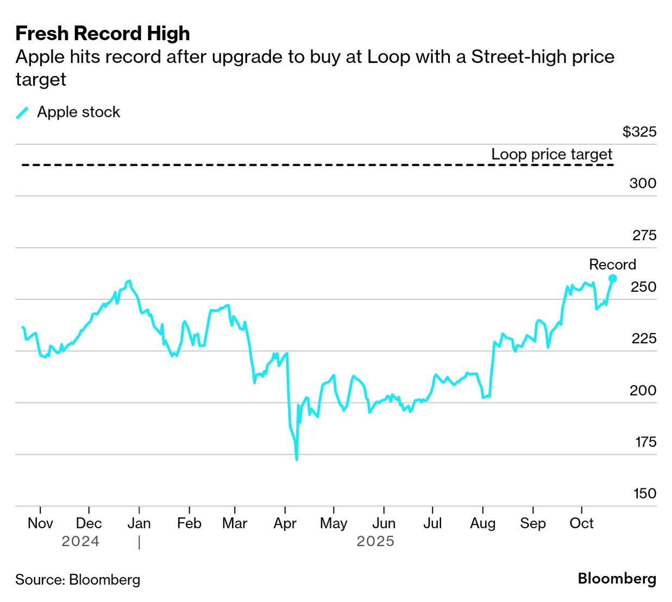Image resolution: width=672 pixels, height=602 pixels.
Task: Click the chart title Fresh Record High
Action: (103, 34)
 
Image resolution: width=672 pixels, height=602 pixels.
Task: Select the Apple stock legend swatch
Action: (22, 112)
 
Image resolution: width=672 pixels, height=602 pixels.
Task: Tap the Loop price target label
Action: (551, 154)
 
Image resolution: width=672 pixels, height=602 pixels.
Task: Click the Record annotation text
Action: (612, 265)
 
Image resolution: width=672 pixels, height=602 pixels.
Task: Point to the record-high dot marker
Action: (613, 279)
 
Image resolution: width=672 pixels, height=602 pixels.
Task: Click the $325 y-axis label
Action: (639, 132)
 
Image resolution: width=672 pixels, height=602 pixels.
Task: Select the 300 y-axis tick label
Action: (643, 183)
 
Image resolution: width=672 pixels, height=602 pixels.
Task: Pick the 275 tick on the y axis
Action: (644, 235)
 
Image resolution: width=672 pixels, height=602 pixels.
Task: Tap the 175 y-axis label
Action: (645, 442)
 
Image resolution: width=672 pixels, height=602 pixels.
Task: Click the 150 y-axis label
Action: (644, 493)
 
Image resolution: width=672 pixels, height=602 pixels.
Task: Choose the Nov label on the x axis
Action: (40, 523)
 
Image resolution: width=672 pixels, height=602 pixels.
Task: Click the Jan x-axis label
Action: (139, 523)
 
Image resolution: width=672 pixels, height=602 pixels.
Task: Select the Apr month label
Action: (285, 523)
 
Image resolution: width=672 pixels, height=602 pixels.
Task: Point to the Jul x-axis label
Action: (432, 523)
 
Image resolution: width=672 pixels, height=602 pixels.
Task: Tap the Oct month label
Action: (581, 523)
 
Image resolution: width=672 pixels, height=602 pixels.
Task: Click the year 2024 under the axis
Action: (80, 542)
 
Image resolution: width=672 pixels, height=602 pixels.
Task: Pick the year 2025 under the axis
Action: (375, 542)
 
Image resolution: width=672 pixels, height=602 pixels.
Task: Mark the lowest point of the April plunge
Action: (297, 460)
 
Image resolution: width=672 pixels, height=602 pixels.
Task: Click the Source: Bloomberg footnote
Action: (78, 580)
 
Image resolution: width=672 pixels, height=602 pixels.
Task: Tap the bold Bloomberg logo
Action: (617, 579)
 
